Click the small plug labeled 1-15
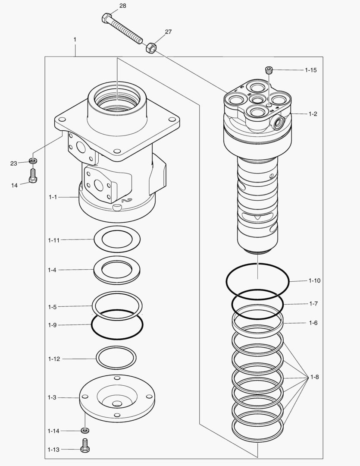[269, 70]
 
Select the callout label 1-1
[53, 197]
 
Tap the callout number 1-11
[54, 240]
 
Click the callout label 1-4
[52, 270]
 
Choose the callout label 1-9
[52, 325]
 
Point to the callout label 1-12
[54, 359]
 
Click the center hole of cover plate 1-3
[116, 404]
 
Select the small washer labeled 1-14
[85, 430]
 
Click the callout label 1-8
[314, 378]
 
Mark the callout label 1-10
[314, 281]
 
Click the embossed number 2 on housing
[125, 200]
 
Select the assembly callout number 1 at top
[75, 39]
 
